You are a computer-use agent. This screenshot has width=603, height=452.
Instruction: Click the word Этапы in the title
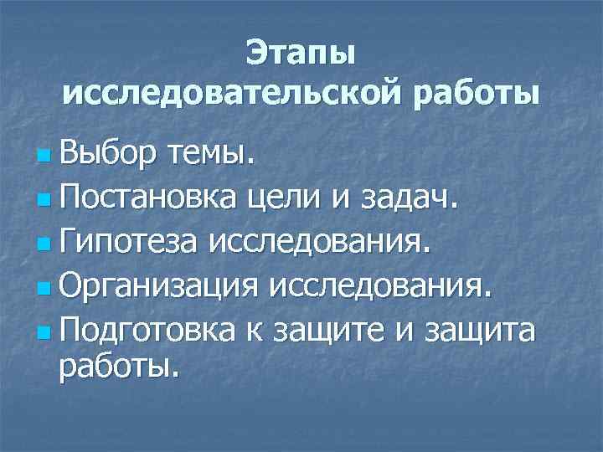(x=301, y=54)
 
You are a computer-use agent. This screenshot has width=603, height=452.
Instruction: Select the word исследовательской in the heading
(x=230, y=92)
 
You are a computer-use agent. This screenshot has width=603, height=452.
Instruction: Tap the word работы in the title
(x=475, y=92)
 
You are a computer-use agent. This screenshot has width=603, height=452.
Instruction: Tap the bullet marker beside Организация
(x=44, y=290)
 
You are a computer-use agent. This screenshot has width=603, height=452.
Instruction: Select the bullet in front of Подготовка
(x=44, y=333)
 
